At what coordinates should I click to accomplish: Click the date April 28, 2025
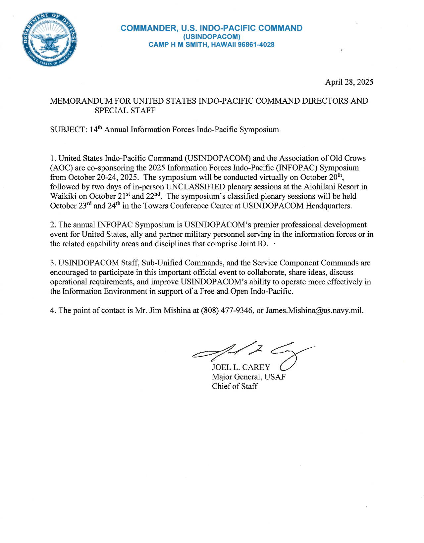tap(349, 82)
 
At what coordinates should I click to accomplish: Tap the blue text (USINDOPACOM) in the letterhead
tap(211, 36)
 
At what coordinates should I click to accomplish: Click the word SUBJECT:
tap(69, 130)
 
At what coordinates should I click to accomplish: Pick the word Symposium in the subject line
tap(259, 130)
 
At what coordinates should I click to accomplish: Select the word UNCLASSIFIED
tap(195, 187)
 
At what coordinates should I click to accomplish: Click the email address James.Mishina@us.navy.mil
tap(314, 311)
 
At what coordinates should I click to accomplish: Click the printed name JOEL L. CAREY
tap(241, 367)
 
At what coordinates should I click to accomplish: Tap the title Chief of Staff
tap(235, 386)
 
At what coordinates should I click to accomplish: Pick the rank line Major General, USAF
tap(248, 377)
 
